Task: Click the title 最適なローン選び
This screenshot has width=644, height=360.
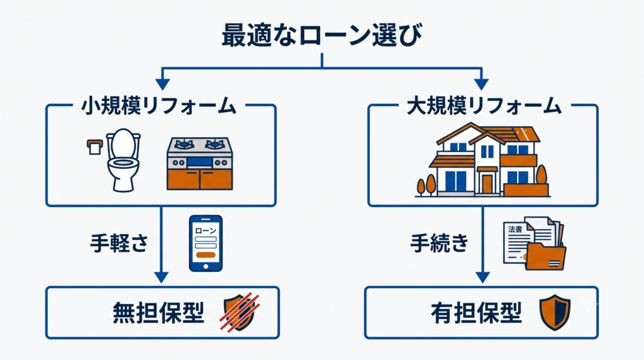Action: (x=322, y=35)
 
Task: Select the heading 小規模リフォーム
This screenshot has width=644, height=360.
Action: (x=158, y=106)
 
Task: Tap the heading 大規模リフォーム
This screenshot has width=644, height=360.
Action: (x=484, y=106)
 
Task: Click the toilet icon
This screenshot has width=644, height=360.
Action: (x=123, y=160)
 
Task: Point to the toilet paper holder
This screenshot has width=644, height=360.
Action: (x=94, y=147)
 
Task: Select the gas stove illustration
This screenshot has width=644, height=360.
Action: (x=199, y=164)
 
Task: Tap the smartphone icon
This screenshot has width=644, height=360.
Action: (x=206, y=244)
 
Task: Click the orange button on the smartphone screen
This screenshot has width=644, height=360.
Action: (x=206, y=255)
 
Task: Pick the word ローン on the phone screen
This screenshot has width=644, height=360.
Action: (x=206, y=230)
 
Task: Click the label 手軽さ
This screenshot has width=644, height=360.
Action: (x=119, y=243)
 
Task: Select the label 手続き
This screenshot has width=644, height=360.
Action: (x=440, y=243)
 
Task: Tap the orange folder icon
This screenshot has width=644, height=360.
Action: (x=546, y=256)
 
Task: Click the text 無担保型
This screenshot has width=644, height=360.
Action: (x=158, y=313)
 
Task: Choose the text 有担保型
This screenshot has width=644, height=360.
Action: (x=477, y=313)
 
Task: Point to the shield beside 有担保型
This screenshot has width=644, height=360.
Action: (x=555, y=313)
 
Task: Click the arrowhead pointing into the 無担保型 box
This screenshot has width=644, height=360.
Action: (x=161, y=278)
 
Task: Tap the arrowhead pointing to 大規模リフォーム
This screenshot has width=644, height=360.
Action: (x=481, y=84)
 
